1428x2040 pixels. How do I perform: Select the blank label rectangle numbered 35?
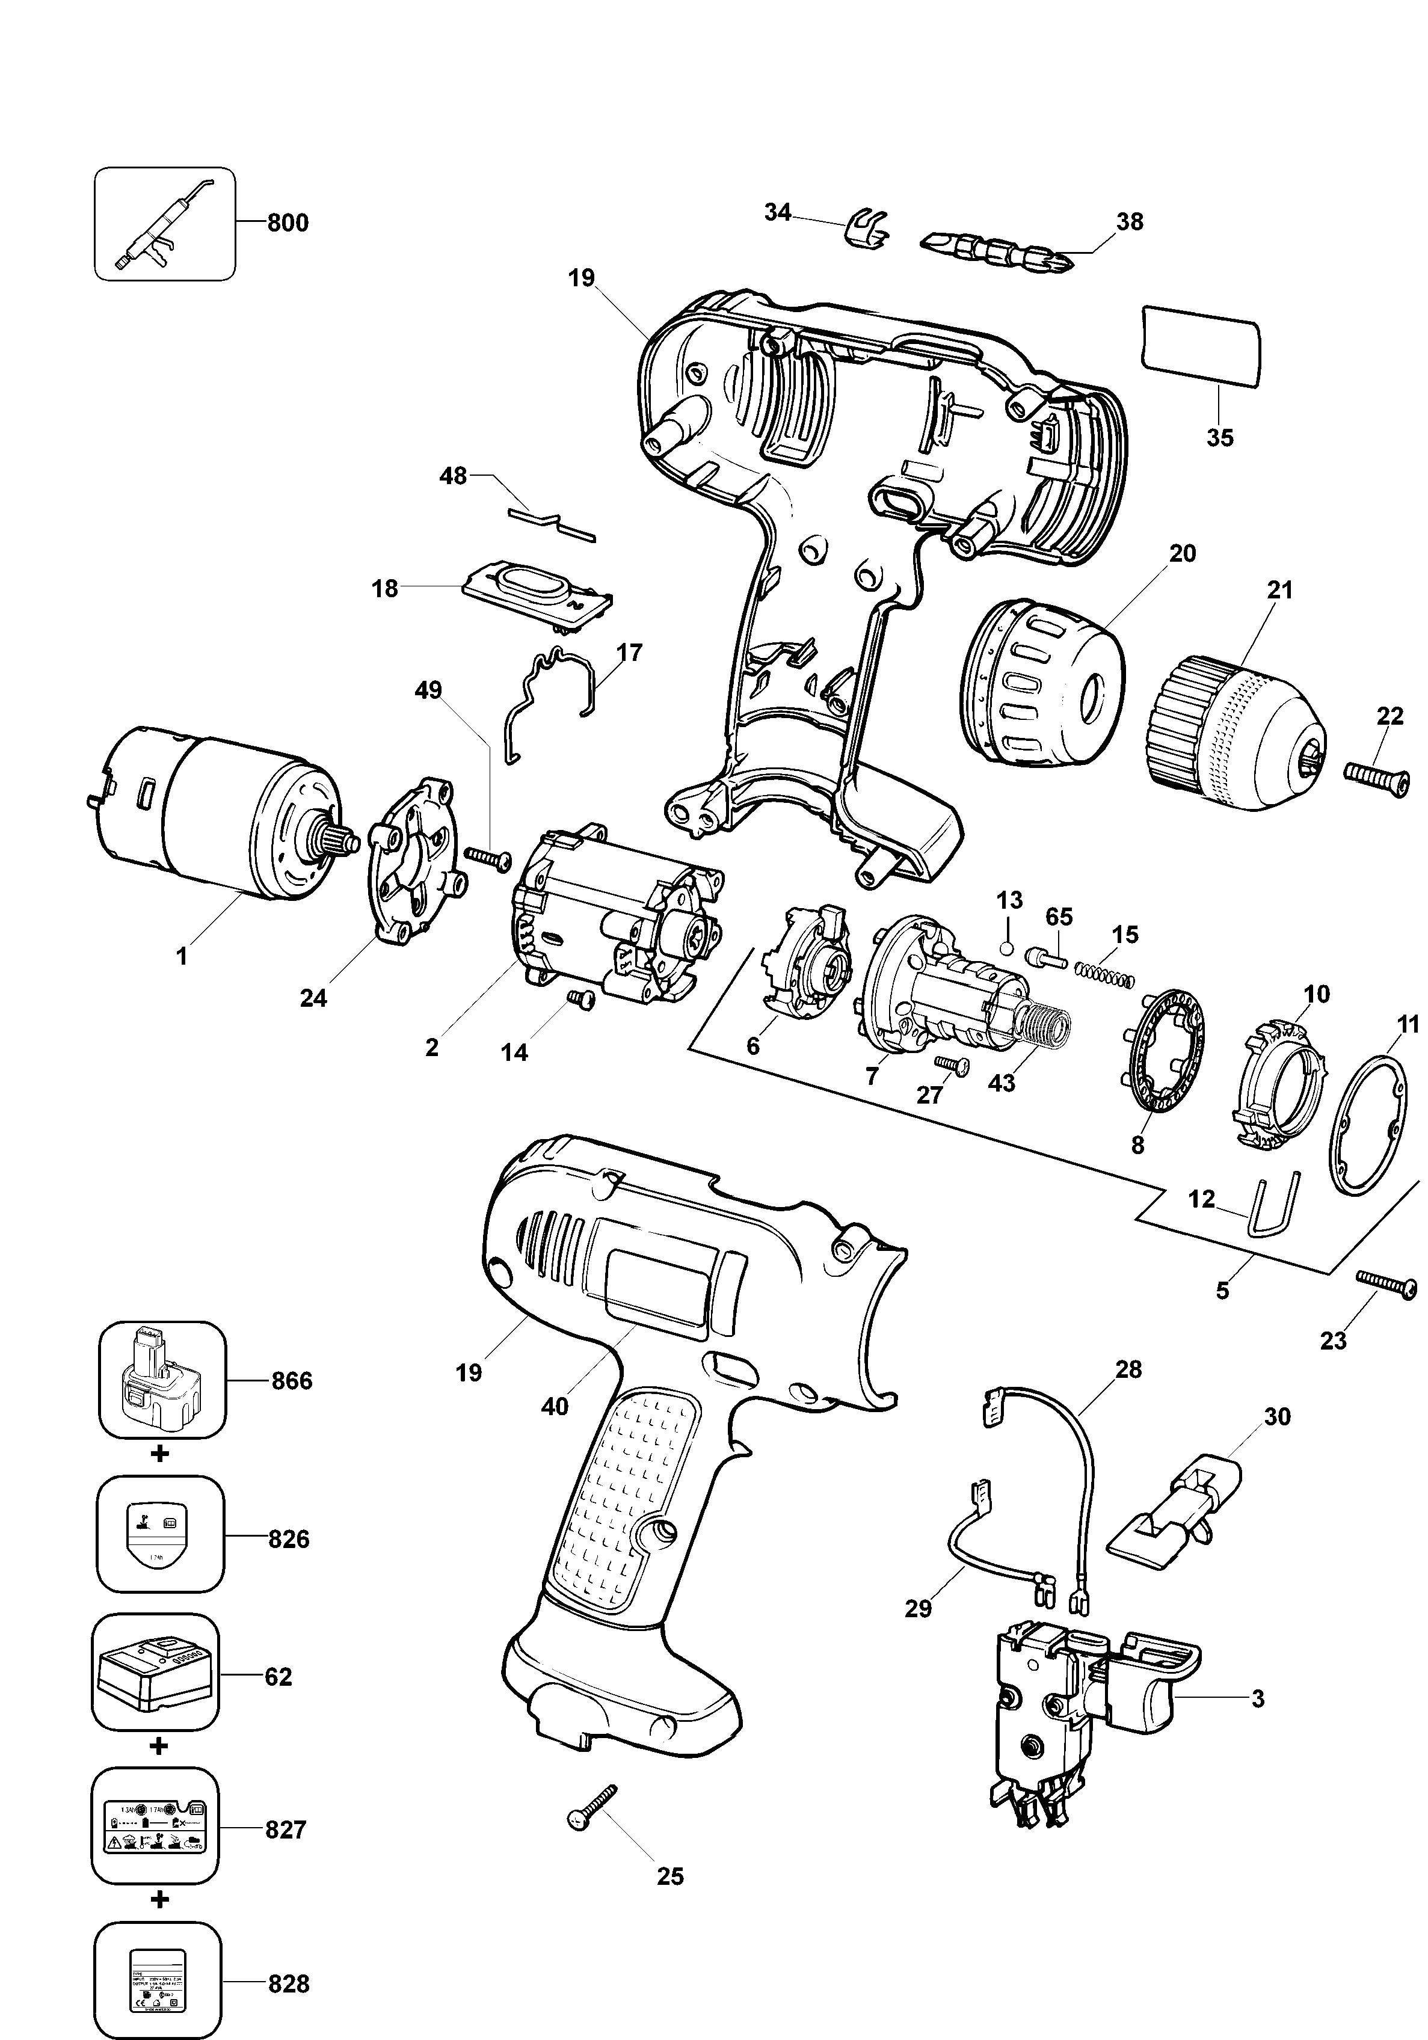click(x=1201, y=346)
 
